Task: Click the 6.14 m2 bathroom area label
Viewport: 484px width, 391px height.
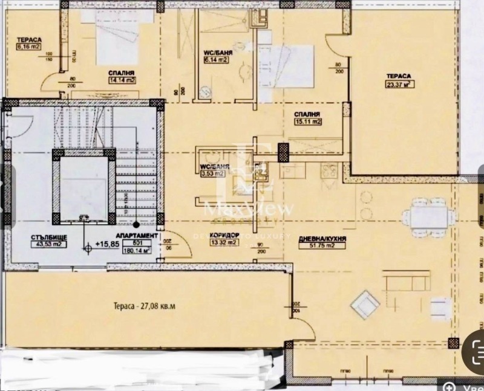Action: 215,60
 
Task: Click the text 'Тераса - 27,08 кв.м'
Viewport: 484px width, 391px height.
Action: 147,306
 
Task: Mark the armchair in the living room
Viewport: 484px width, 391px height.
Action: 366,304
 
